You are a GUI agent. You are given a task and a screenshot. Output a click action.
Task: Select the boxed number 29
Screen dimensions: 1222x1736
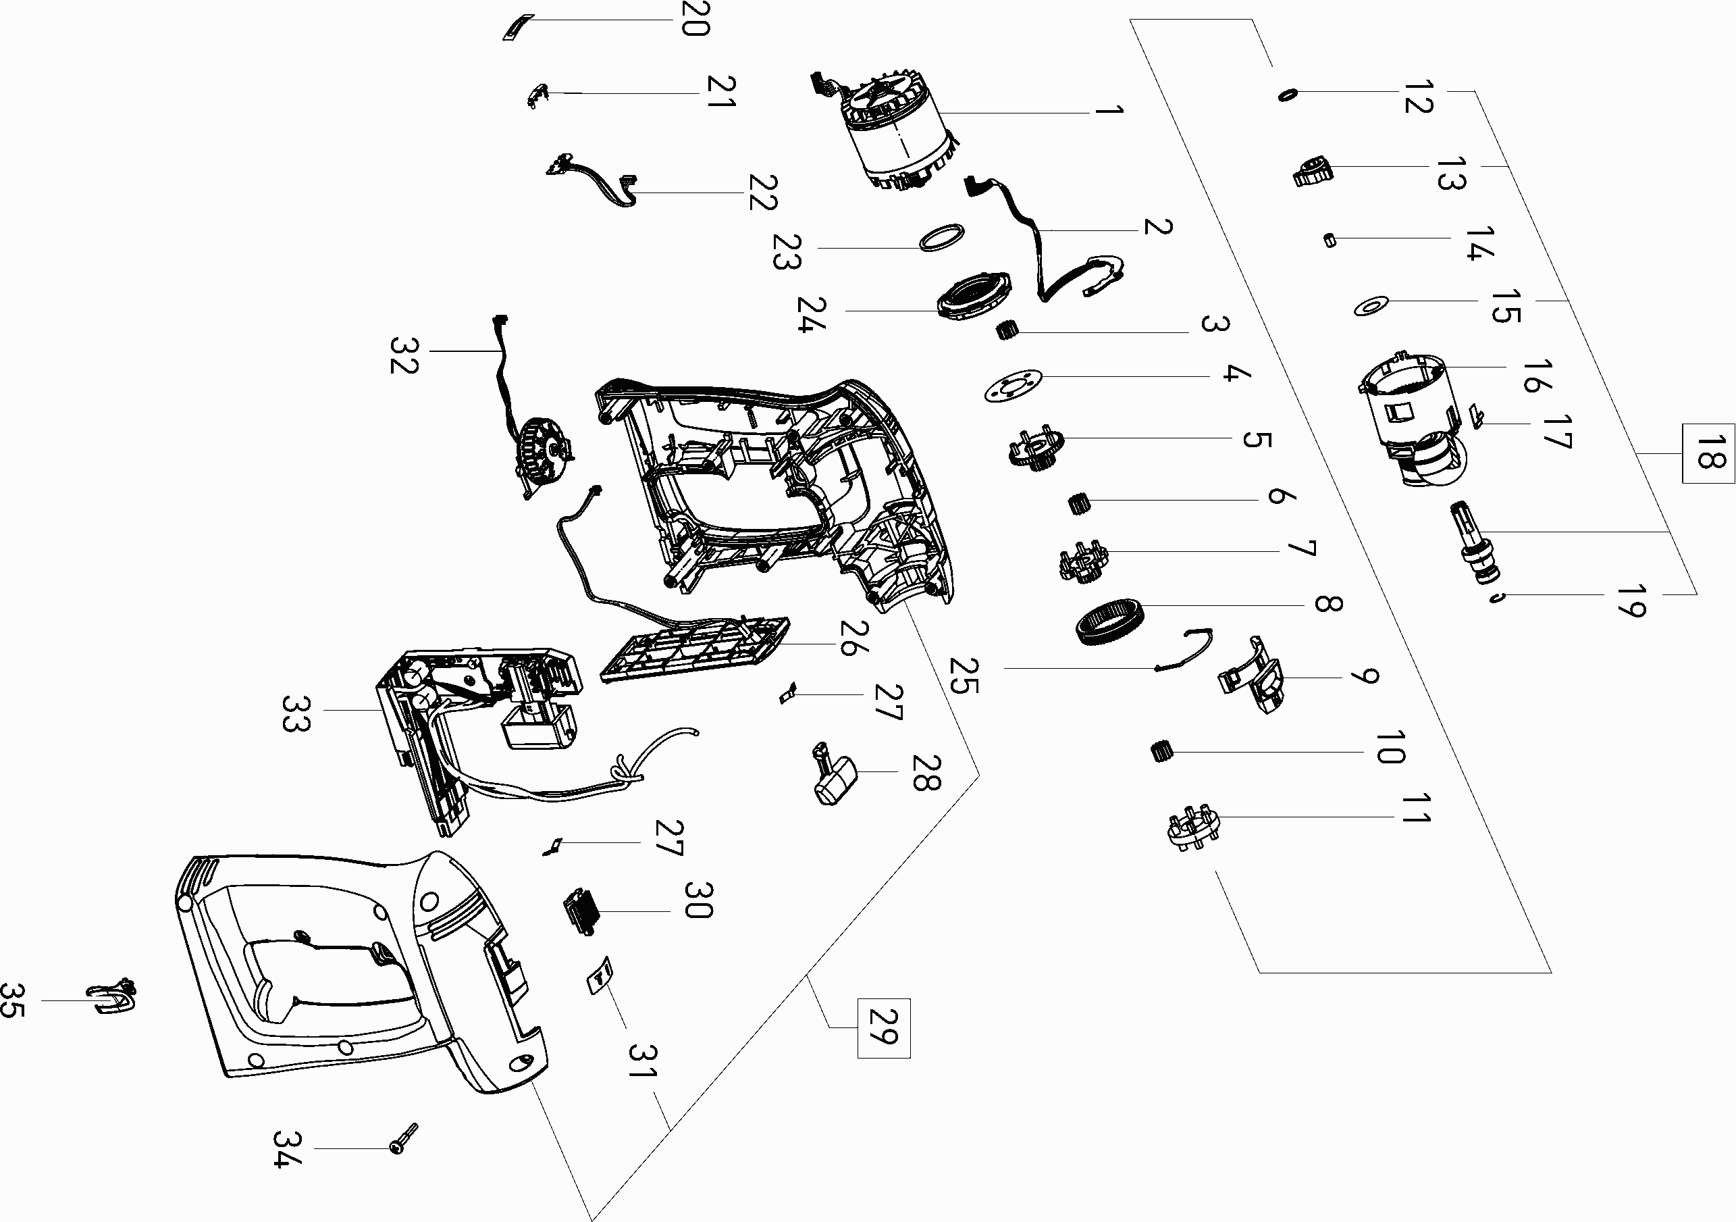click(883, 1027)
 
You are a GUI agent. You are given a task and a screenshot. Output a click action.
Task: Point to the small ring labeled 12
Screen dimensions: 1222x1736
click(1287, 95)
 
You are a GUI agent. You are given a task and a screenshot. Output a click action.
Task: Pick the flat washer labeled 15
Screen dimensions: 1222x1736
click(1371, 306)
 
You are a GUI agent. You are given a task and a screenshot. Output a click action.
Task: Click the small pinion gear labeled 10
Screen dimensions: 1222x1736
click(1161, 752)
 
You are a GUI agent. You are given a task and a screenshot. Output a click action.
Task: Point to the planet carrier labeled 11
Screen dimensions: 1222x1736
click(1194, 829)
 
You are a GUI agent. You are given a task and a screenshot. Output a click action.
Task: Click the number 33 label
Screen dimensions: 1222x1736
click(295, 714)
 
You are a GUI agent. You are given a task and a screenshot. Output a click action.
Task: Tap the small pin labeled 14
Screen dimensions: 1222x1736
click(1330, 240)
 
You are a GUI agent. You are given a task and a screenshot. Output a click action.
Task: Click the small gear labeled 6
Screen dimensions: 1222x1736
click(1078, 503)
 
